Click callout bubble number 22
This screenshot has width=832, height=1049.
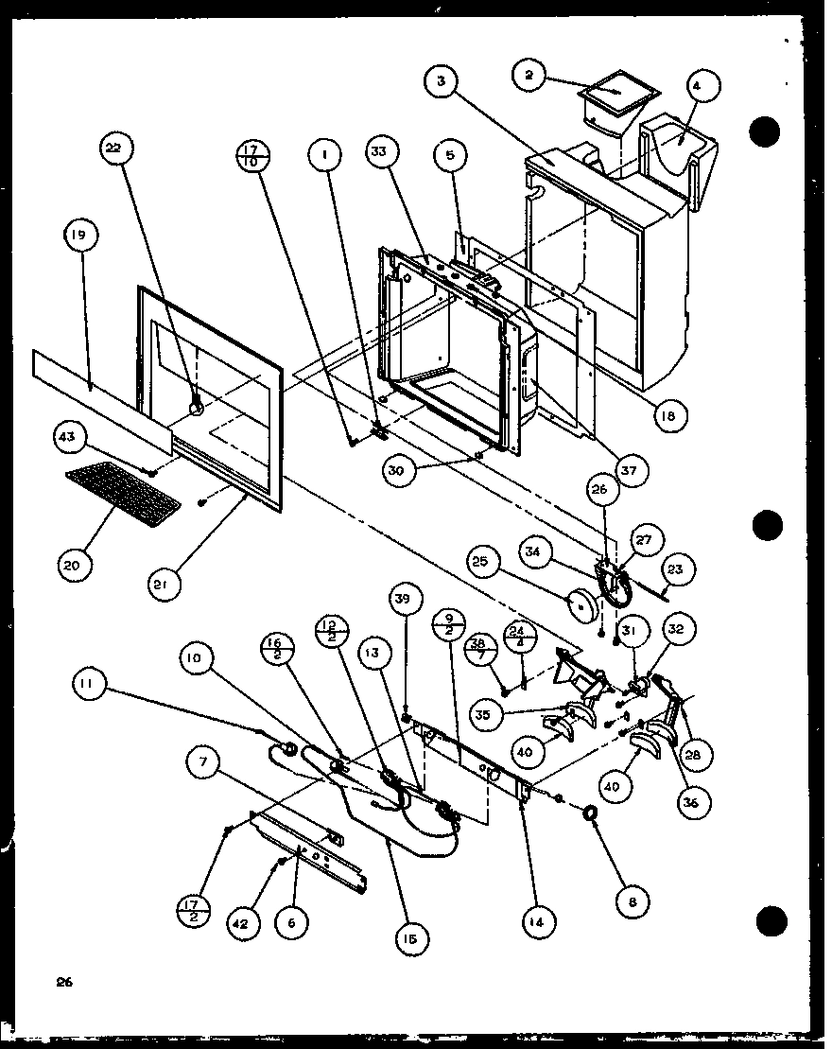[x=118, y=149]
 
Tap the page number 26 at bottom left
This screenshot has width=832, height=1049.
[x=64, y=982]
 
